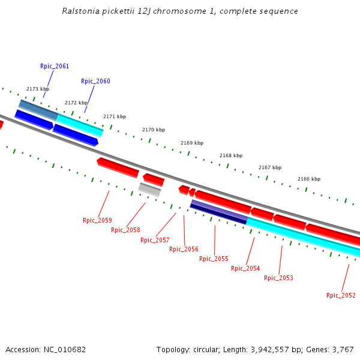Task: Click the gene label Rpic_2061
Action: [x=55, y=66]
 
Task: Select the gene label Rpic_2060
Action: [x=95, y=81]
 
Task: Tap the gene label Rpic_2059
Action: [x=97, y=220]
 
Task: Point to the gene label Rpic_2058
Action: [x=125, y=230]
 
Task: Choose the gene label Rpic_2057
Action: [x=155, y=240]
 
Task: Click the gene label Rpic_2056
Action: [x=184, y=249]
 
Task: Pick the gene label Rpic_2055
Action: [x=214, y=259]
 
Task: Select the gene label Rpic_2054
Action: [x=245, y=268]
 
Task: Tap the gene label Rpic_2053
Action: [x=278, y=278]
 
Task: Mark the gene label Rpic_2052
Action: [x=341, y=295]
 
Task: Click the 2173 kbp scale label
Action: [x=38, y=89]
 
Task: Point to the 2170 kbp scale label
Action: [x=154, y=130]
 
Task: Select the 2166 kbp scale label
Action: [x=309, y=179]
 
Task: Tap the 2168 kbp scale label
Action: [x=231, y=155]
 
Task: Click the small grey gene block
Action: [x=149, y=190]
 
